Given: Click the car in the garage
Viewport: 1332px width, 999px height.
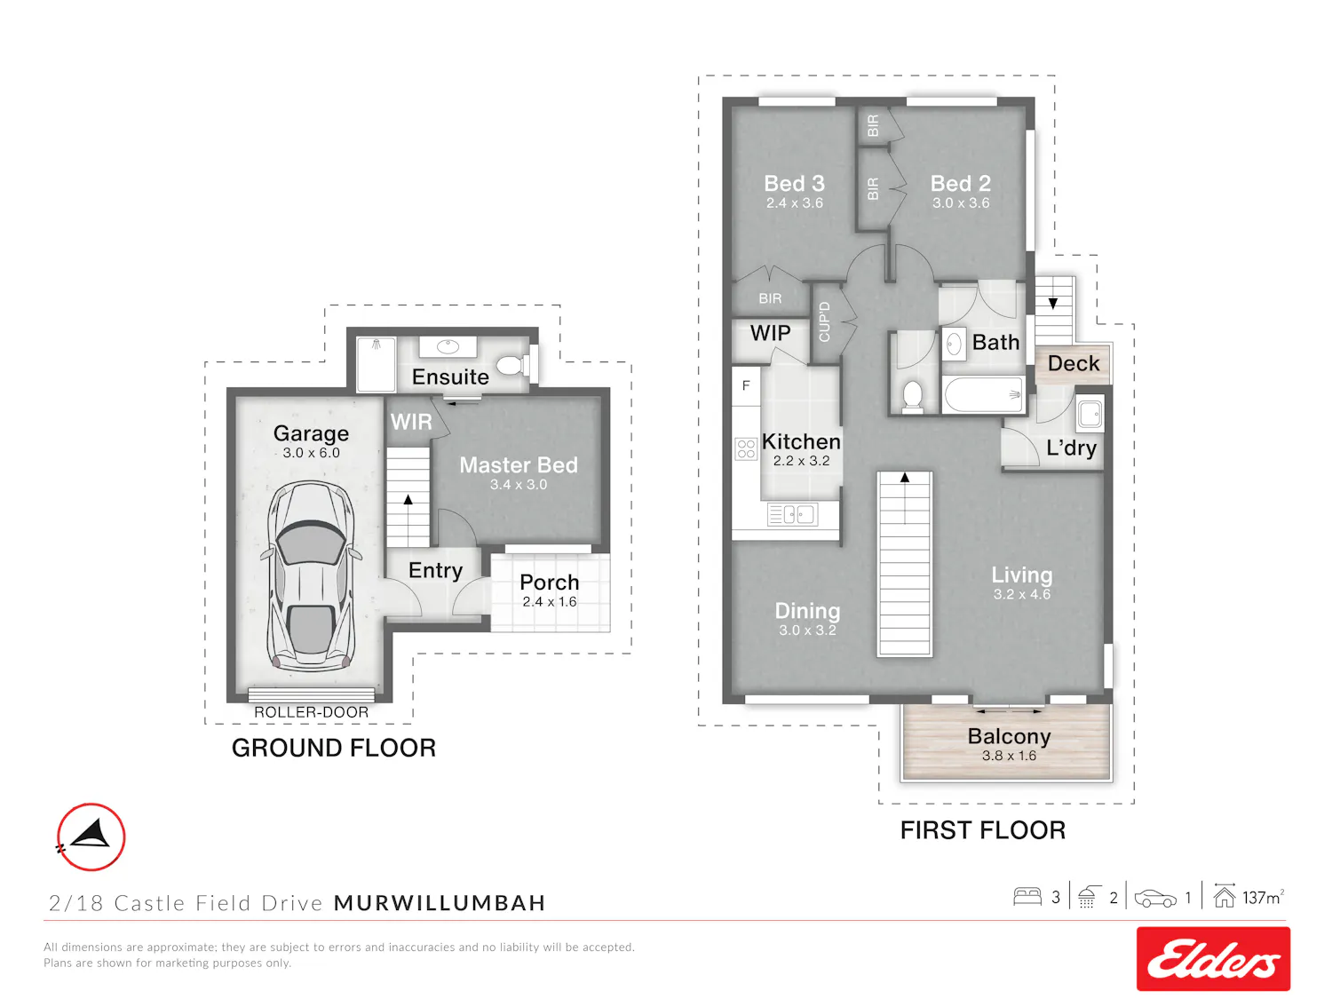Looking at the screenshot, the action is click(311, 576).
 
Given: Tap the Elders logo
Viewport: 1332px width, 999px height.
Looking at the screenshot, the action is click(1212, 958).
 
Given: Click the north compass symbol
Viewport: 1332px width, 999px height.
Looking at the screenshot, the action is click(91, 836).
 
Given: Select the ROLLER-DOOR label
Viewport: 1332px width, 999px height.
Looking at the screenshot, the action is click(311, 712).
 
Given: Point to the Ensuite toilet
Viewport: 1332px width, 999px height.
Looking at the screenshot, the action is click(511, 365).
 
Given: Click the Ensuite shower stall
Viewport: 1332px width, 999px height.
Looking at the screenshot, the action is click(377, 364).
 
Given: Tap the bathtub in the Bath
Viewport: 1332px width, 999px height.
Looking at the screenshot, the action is click(983, 395).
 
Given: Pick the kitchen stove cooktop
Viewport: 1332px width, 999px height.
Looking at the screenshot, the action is click(746, 449).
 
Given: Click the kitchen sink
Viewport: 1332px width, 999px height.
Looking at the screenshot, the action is click(792, 515).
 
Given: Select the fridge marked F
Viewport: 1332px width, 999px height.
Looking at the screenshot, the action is click(746, 385).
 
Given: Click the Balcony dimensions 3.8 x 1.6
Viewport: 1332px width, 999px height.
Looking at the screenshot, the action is click(1009, 756).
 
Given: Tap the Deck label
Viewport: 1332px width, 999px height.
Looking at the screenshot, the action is click(1074, 363).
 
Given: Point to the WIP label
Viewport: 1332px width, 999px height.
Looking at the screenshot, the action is click(770, 333).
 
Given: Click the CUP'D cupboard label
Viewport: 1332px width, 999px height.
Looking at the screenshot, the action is click(824, 322).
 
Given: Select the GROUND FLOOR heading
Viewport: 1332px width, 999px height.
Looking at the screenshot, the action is click(334, 748).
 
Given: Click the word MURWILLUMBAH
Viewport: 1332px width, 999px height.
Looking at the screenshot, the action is click(440, 903).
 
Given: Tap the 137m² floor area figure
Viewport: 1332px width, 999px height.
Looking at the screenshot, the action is click(1263, 898).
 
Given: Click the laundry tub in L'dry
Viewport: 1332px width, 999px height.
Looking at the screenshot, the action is click(1090, 414).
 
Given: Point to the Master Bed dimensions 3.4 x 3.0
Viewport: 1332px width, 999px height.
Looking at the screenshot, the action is click(519, 485).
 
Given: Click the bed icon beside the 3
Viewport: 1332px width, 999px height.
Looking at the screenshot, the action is click(1027, 897).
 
